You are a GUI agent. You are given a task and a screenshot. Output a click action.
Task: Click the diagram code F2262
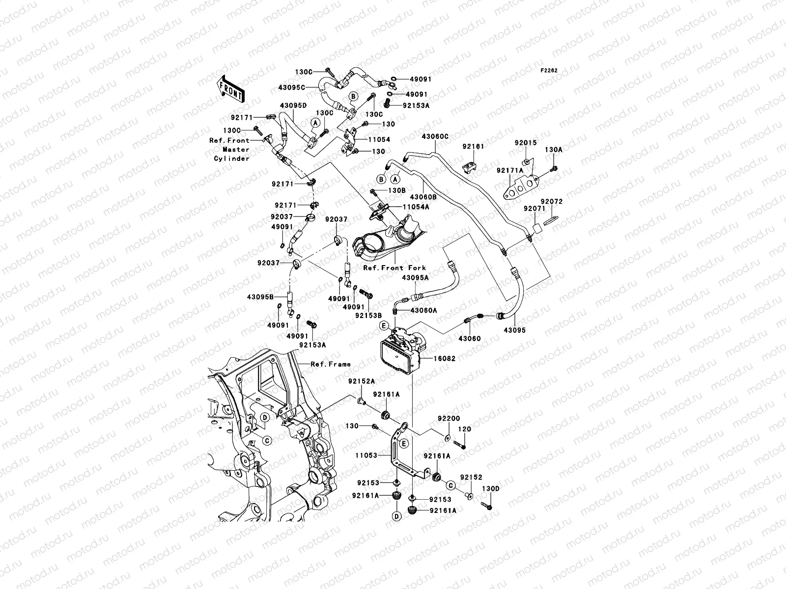(x=550, y=71)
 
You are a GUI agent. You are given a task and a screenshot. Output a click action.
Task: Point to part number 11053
(x=366, y=455)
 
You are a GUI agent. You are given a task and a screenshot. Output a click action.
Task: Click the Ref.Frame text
(x=331, y=364)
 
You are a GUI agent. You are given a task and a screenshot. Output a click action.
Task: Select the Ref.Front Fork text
(x=394, y=268)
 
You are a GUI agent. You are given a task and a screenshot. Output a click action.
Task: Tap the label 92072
(x=552, y=201)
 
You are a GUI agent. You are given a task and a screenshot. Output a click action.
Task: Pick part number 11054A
(x=416, y=207)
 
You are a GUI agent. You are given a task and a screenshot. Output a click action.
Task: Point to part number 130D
(x=490, y=488)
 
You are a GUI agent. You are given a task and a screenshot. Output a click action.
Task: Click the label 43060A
(x=423, y=310)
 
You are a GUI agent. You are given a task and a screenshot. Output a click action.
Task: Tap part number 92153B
(x=368, y=316)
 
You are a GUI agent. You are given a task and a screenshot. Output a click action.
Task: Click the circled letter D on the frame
(x=264, y=417)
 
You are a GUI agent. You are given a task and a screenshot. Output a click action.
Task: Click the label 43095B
(x=260, y=296)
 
